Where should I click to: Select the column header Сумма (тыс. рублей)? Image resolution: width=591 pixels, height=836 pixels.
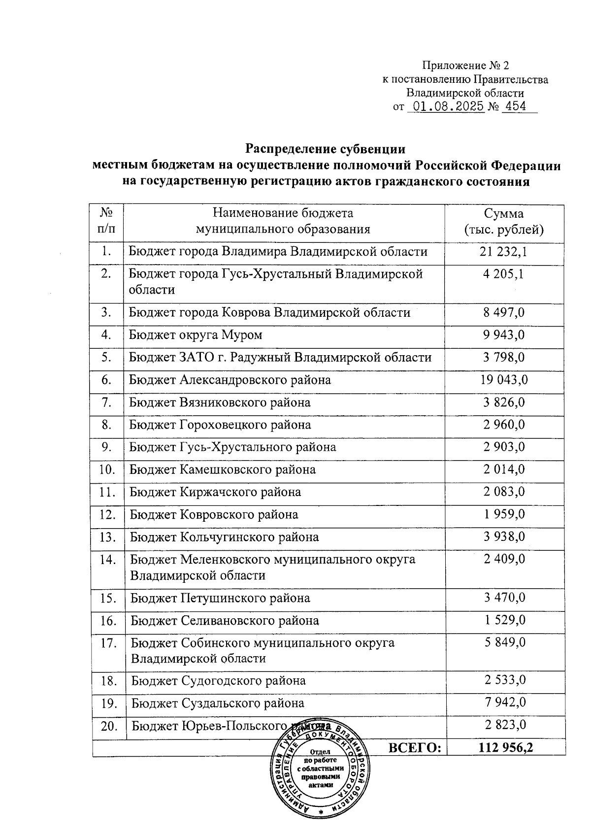click(504, 222)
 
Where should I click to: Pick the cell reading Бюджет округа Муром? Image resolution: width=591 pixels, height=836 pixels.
click(196, 335)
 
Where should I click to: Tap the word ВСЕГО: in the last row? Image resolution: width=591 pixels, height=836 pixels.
click(415, 748)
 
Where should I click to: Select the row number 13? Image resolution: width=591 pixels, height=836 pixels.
click(107, 537)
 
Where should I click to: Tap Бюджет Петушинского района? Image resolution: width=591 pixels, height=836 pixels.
click(220, 599)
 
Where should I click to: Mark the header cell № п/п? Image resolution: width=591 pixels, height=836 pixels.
click(106, 222)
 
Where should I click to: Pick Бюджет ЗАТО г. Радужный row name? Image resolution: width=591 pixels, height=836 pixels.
click(280, 358)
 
